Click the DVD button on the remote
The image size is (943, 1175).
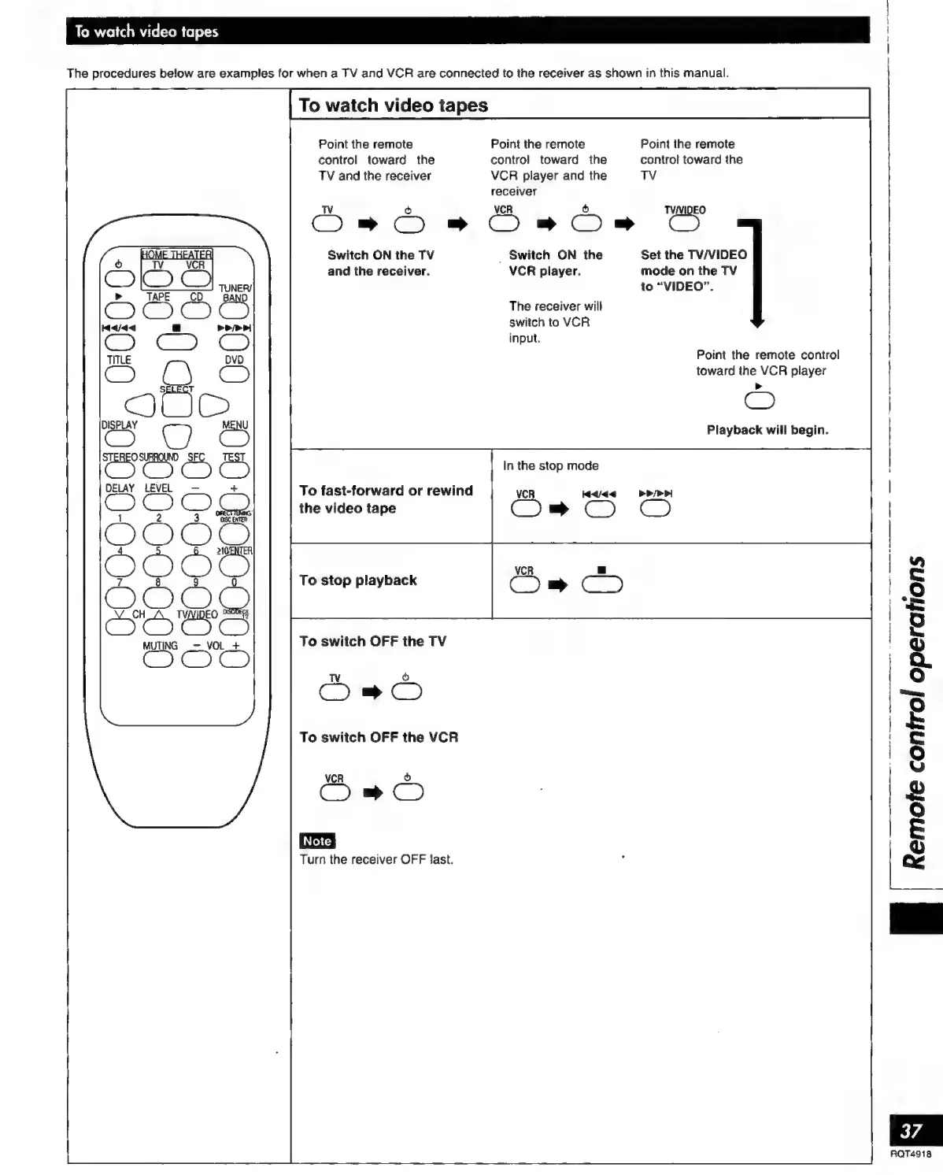click(x=234, y=374)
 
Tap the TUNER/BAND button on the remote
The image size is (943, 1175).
click(x=234, y=310)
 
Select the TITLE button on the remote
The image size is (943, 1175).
click(x=120, y=374)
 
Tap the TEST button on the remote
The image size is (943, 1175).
click(x=234, y=470)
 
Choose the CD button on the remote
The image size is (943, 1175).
click(x=196, y=310)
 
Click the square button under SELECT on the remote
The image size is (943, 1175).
click(x=176, y=404)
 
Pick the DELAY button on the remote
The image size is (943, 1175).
click(x=120, y=502)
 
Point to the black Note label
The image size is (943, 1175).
click(x=317, y=840)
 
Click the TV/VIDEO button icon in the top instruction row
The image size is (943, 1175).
click(x=684, y=224)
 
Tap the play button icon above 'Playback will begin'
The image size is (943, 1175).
click(x=759, y=401)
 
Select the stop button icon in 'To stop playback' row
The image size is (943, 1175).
click(x=602, y=584)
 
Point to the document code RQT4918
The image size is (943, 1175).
click(x=911, y=1154)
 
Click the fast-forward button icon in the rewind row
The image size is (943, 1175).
click(x=656, y=510)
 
